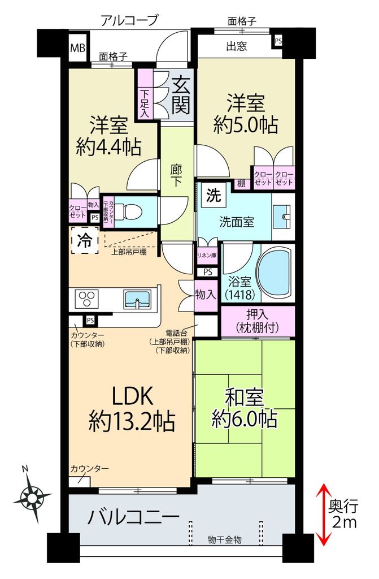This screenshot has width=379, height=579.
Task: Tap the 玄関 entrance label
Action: tap(181, 94)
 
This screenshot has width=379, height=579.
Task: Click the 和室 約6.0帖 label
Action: tap(244, 408)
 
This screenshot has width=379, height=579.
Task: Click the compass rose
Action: tap(32, 496)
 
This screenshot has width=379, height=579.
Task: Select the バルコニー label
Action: tap(134, 516)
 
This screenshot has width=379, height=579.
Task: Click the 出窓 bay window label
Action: tap(237, 46)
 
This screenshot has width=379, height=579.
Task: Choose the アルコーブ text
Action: tap(129, 21)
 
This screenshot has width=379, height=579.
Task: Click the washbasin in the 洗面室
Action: tap(282, 214)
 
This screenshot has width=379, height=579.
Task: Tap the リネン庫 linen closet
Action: tap(206, 254)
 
